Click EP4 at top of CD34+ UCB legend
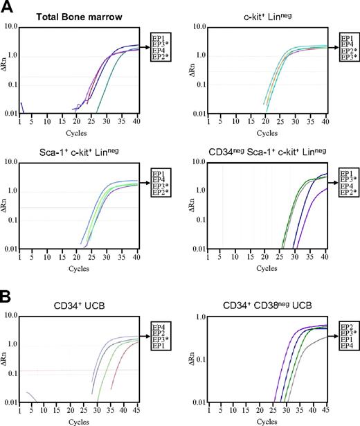158,324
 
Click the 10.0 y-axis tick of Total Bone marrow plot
11,26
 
